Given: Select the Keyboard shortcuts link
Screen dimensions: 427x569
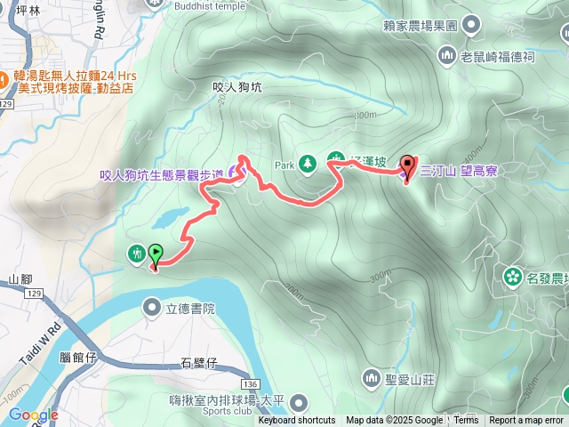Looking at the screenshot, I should click(297, 421).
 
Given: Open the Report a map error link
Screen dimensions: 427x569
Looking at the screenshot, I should click(526, 421).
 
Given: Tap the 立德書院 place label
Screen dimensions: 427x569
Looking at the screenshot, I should click(191, 309).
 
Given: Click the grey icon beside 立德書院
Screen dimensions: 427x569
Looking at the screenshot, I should click(152, 307).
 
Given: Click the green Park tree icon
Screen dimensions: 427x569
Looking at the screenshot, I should click(308, 164).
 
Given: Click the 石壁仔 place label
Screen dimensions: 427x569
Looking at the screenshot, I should click(198, 362).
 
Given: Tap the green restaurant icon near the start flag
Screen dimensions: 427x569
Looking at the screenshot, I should click(136, 253).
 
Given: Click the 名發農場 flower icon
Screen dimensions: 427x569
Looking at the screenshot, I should click(512, 277).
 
